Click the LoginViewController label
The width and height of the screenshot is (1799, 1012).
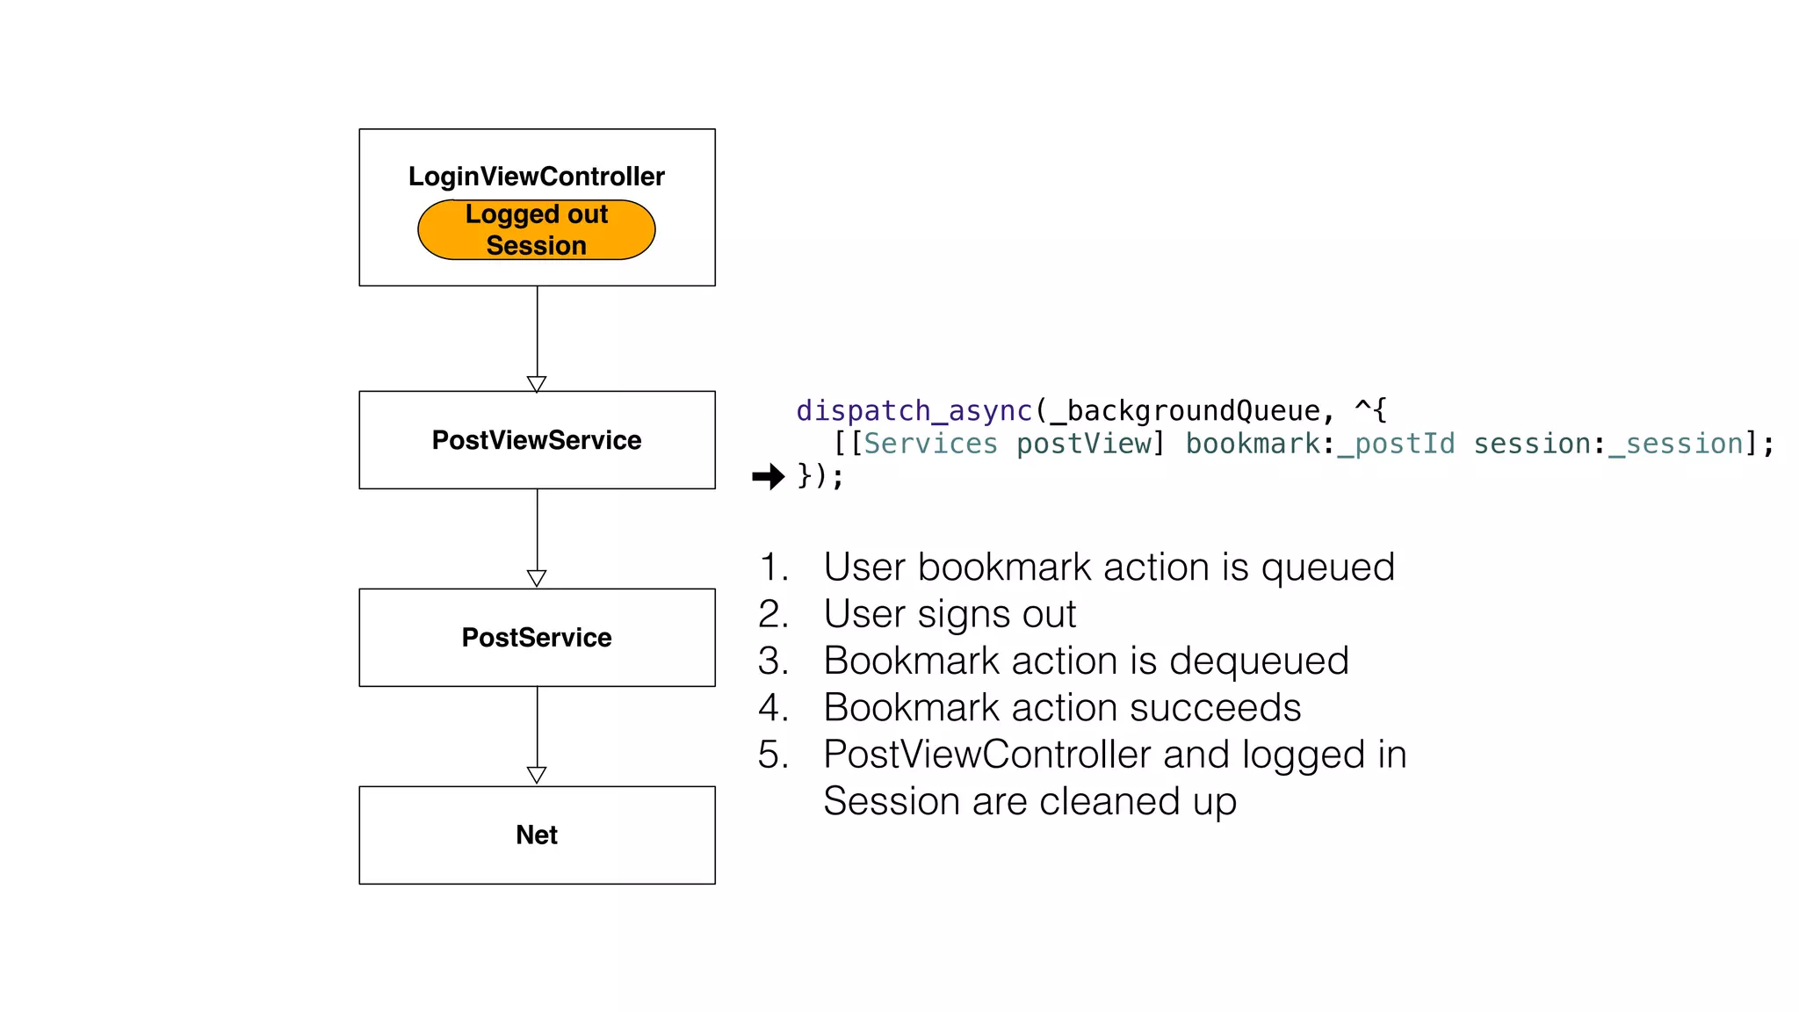tap(536, 177)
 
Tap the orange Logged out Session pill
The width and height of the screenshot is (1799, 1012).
tap(536, 230)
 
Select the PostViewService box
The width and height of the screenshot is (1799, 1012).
tap(536, 440)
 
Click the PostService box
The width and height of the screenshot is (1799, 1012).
tap(536, 638)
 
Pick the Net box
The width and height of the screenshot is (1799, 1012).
tap(536, 835)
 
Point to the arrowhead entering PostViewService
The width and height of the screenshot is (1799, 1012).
tap(537, 385)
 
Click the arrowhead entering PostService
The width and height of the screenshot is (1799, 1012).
tap(537, 579)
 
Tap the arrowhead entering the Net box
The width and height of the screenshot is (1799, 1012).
tap(537, 776)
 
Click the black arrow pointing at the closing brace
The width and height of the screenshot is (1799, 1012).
tap(769, 477)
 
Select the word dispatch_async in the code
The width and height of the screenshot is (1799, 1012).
tap(914, 411)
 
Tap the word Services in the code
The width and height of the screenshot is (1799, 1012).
tap(930, 445)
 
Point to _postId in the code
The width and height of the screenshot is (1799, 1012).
tap(1396, 445)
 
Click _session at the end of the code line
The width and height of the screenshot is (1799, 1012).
tap(1675, 445)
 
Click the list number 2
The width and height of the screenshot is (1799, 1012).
tap(772, 614)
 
